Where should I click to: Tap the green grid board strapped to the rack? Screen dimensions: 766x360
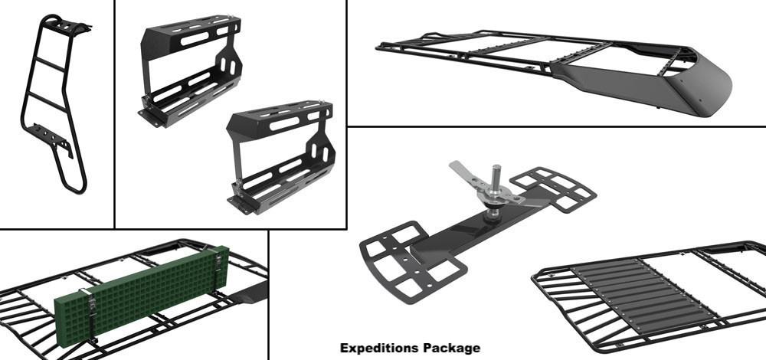coord(142,295)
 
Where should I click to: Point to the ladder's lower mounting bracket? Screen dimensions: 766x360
coord(49,138)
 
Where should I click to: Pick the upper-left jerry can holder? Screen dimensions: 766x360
coord(191,70)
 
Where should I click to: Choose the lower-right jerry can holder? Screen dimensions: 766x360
coord(281,156)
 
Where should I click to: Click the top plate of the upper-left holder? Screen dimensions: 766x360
coord(193,31)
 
